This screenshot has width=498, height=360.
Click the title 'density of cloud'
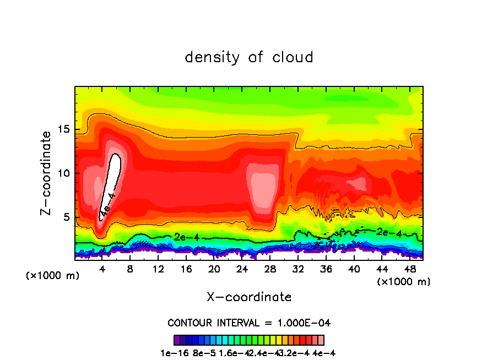[249, 57]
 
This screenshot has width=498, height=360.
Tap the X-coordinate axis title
[249, 297]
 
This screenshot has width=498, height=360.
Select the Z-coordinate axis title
[47, 173]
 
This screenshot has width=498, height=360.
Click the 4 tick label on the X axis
[102, 270]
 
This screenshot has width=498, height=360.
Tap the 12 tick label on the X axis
[158, 270]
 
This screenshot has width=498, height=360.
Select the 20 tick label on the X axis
[214, 270]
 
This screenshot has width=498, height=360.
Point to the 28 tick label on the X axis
[270, 270]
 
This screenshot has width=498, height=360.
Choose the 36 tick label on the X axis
[326, 270]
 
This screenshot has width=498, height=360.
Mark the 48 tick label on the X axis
[409, 270]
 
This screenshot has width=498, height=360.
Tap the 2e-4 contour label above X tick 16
[183, 237]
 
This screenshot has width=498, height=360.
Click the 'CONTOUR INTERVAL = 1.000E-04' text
[249, 323]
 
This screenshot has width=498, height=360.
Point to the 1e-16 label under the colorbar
[174, 353]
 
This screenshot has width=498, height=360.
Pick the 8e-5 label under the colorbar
[201, 353]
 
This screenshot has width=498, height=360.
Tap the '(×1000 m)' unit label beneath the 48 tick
[404, 281]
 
